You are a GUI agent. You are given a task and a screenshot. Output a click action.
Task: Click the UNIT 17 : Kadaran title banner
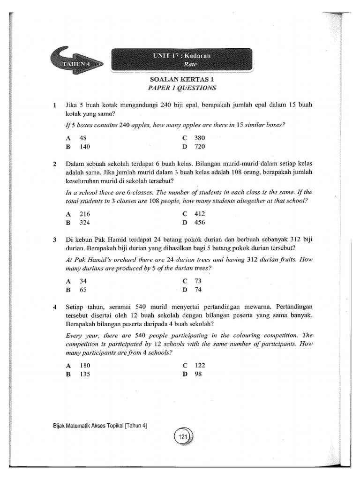coord(182,60)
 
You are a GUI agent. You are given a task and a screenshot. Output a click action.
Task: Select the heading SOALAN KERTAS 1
coord(182,79)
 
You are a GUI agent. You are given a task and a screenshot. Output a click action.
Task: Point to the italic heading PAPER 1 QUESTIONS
coord(182,87)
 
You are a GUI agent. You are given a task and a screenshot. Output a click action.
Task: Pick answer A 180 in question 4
coord(79,366)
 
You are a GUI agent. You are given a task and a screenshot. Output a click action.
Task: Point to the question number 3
coord(55,240)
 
